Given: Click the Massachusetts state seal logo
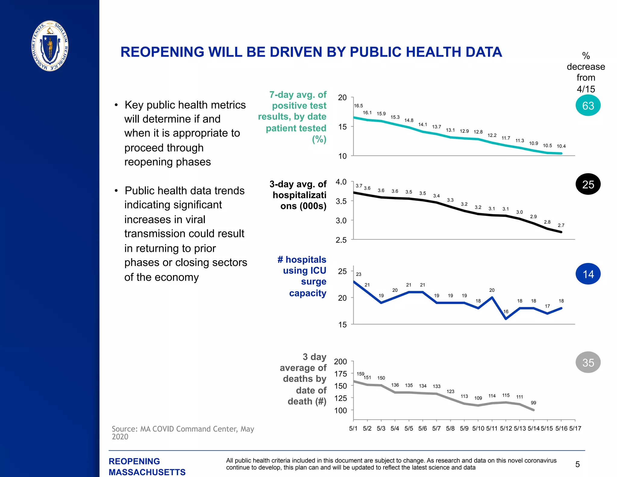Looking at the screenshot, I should pyautogui.click(x=50, y=46).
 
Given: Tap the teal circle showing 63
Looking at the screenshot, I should pyautogui.click(x=588, y=106).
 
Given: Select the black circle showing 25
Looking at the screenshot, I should pyautogui.click(x=588, y=184).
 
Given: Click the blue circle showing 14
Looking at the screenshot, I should pyautogui.click(x=588, y=274).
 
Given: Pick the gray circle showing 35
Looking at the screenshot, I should pyautogui.click(x=588, y=362).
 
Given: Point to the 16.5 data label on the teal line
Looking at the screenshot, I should pyautogui.click(x=358, y=106).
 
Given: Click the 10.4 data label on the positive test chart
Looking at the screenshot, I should pyautogui.click(x=561, y=146).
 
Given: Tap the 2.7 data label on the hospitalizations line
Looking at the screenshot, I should pyautogui.click(x=561, y=226).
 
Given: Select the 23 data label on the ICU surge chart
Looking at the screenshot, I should pyautogui.click(x=359, y=274).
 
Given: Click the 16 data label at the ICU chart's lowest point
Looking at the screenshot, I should pyautogui.click(x=506, y=312).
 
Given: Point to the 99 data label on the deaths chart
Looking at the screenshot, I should pyautogui.click(x=533, y=403).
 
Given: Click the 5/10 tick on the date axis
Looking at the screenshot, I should pyautogui.click(x=478, y=428).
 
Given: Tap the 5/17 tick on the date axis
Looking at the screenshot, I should pyautogui.click(x=575, y=428).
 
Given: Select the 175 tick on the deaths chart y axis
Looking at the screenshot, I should pyautogui.click(x=340, y=374).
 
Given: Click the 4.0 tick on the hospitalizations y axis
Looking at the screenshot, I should pyautogui.click(x=341, y=182).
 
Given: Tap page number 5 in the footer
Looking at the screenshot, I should pyautogui.click(x=577, y=464).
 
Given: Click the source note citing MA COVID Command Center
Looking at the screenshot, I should pyautogui.click(x=183, y=433).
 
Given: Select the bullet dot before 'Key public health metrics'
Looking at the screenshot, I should pyautogui.click(x=116, y=105).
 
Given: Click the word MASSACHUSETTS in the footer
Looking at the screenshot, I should pyautogui.click(x=147, y=472).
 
